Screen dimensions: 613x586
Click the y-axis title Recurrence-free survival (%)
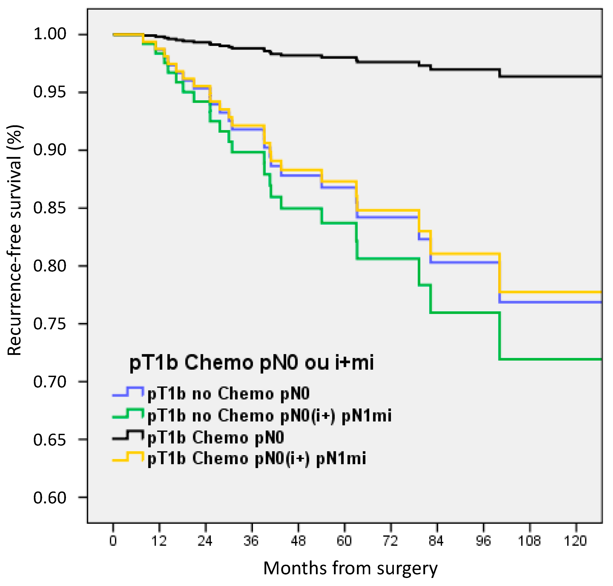pyautogui.click(x=14, y=240)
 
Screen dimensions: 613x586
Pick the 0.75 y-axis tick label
pyautogui.click(x=50, y=324)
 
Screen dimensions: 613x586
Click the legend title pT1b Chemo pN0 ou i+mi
pyautogui.click(x=252, y=363)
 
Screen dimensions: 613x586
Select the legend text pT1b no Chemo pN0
pyautogui.click(x=228, y=393)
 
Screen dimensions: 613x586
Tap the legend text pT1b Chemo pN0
pyautogui.click(x=216, y=437)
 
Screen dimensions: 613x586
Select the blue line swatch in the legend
pyautogui.click(x=128, y=392)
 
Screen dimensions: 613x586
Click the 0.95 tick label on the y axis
pyautogui.click(x=50, y=92)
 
